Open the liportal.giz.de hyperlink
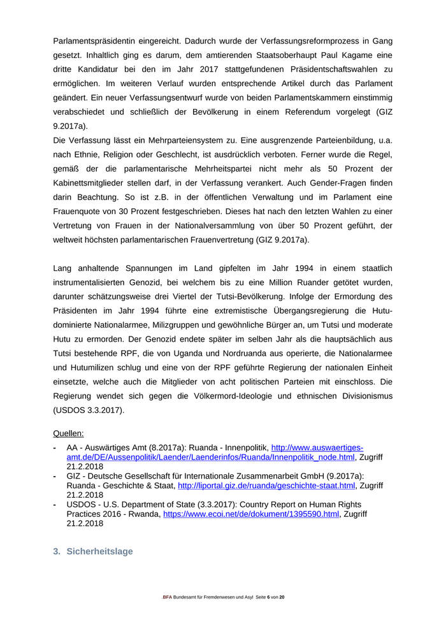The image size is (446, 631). (266, 485)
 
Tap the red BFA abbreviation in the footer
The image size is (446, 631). (167, 597)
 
